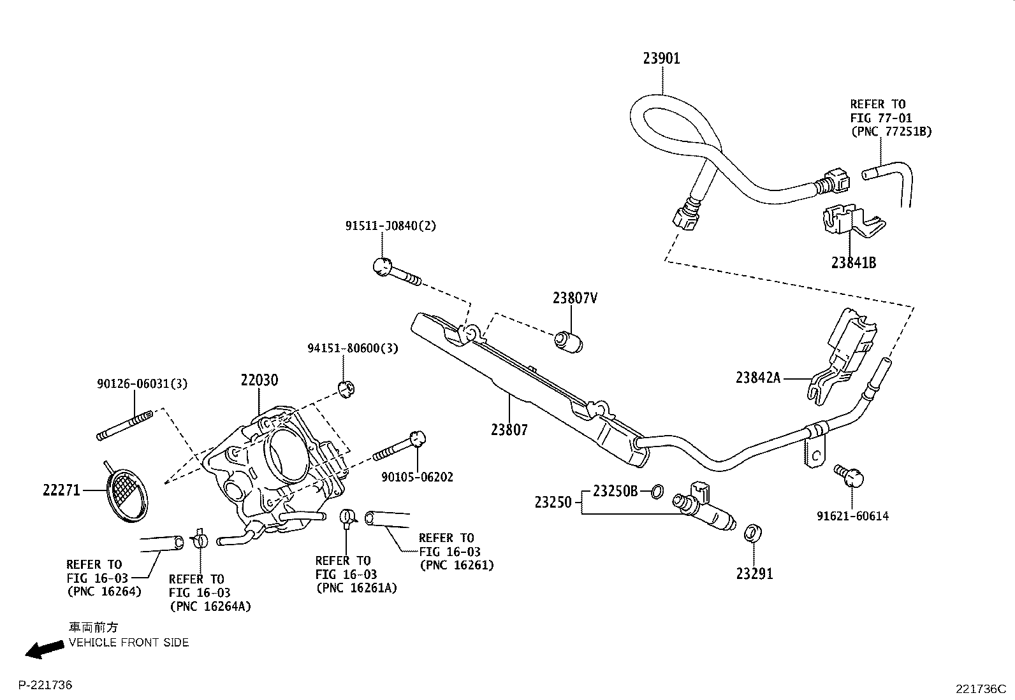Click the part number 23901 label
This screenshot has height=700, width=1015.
(661, 59)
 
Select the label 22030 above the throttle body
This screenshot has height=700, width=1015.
(259, 380)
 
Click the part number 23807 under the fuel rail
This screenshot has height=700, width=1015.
(509, 430)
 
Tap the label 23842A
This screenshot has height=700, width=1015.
(757, 378)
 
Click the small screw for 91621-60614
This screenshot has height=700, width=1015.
(851, 475)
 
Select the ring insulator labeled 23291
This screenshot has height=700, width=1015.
(753, 532)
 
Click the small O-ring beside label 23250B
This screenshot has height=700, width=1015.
(657, 490)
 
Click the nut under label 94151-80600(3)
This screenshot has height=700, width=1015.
(346, 388)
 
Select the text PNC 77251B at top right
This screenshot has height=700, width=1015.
(891, 132)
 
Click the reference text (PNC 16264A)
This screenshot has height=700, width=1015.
(210, 606)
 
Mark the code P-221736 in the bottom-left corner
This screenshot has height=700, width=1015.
(45, 685)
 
